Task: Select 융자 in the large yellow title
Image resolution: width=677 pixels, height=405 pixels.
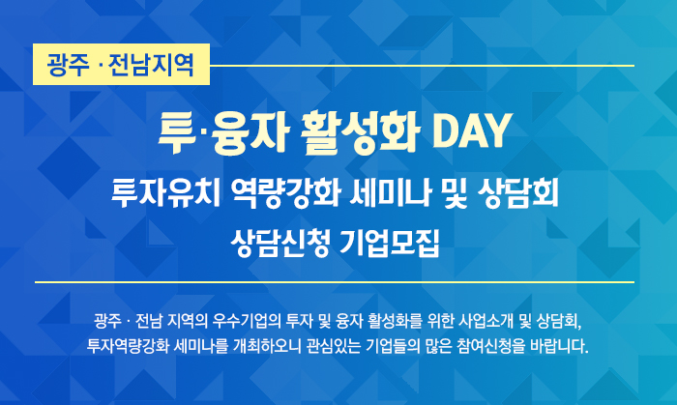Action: [x=250, y=132]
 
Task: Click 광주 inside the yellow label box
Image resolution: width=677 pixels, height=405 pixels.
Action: [x=68, y=65]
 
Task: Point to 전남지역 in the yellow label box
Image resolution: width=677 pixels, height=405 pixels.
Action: [x=151, y=65]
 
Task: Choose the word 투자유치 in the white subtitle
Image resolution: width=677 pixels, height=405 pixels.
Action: [x=165, y=192]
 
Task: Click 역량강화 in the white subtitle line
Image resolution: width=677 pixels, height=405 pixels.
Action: [x=285, y=192]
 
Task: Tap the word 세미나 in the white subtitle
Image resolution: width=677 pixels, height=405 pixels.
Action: [x=391, y=192]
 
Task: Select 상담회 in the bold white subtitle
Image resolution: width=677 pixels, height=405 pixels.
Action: [x=518, y=192]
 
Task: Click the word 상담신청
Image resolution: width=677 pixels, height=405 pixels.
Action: [x=280, y=243]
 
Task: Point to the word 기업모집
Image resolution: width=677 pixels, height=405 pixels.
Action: [x=390, y=243]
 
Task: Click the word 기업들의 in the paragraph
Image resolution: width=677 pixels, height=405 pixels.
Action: [x=393, y=346]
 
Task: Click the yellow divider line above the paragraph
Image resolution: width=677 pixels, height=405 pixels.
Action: [x=335, y=282]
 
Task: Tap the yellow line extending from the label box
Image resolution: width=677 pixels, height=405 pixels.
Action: [x=422, y=66]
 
